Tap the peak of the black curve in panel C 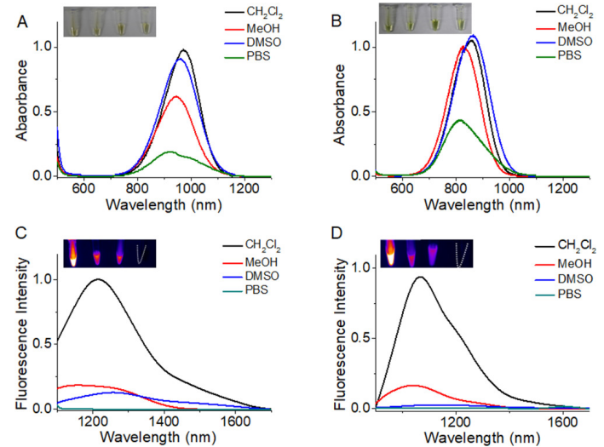100,279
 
